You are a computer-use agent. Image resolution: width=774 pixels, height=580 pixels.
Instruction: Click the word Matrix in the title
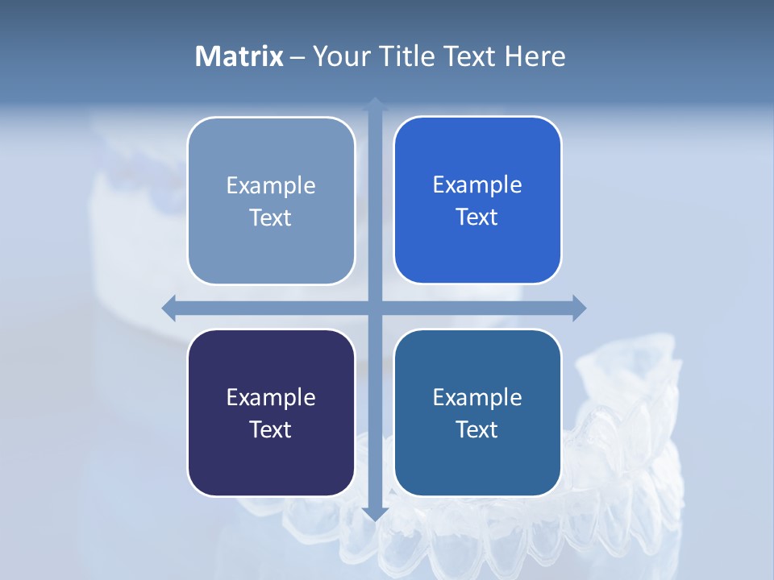click(x=239, y=56)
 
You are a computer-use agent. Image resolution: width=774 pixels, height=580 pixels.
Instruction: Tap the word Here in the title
click(x=535, y=56)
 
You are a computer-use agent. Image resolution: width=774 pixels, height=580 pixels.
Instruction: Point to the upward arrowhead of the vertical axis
click(x=375, y=103)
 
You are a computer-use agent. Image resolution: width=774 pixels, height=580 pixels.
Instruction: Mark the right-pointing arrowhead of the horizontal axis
click(x=579, y=308)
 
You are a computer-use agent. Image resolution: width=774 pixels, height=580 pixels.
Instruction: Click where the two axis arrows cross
click(x=375, y=308)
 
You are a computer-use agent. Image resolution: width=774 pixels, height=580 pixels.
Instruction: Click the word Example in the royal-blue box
click(x=477, y=185)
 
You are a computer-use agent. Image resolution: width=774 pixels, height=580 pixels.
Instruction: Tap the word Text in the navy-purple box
click(x=271, y=429)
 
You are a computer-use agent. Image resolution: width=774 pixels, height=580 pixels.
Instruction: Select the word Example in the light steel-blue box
click(x=271, y=186)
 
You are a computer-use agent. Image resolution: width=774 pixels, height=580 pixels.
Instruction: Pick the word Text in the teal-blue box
click(x=477, y=429)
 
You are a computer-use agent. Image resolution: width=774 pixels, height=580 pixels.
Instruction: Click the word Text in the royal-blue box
click(x=477, y=217)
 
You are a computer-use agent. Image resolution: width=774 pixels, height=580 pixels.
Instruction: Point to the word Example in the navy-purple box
click(x=271, y=398)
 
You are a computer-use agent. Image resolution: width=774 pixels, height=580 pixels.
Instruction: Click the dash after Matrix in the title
click(x=298, y=57)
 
